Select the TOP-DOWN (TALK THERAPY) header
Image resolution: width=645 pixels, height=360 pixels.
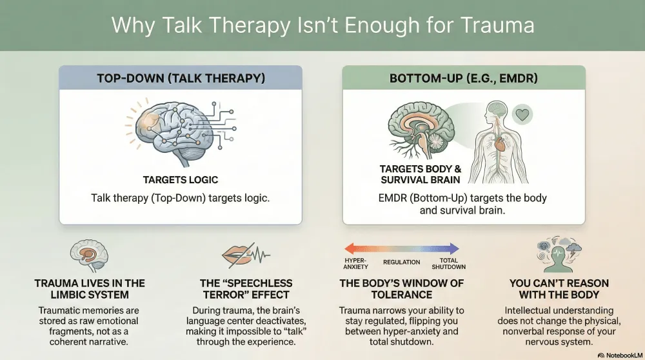(x=181, y=78)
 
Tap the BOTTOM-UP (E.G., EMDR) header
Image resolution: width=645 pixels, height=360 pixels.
(x=464, y=78)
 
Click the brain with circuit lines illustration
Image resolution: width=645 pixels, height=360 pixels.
(x=181, y=130)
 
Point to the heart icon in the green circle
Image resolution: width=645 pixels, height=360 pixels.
(x=522, y=114)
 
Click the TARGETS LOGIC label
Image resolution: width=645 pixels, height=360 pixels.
(x=181, y=180)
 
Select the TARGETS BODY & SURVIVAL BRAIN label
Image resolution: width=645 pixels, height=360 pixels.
(x=421, y=174)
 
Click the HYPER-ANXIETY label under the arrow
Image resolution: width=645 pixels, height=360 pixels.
(x=356, y=264)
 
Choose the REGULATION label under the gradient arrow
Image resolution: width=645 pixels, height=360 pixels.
(x=401, y=262)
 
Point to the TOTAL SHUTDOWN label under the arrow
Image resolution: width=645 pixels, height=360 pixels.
(x=448, y=264)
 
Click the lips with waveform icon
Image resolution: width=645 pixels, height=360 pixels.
(x=246, y=255)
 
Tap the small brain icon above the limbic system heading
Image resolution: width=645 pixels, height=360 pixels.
(x=89, y=255)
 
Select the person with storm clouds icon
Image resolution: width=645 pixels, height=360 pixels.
(x=558, y=254)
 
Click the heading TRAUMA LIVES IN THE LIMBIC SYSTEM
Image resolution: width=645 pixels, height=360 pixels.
(x=90, y=289)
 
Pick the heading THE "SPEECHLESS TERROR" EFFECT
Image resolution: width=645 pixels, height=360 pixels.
(x=246, y=289)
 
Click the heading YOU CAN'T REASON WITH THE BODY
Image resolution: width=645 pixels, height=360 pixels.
(x=559, y=289)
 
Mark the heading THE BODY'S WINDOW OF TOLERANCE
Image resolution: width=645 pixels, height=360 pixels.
(x=401, y=289)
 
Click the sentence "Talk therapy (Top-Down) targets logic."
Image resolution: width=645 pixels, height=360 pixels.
(x=180, y=198)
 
